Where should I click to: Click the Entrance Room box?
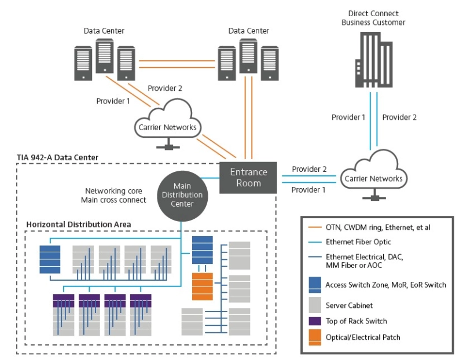coord(249,177)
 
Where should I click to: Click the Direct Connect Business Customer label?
coord(373,17)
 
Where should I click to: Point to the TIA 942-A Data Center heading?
coord(58,157)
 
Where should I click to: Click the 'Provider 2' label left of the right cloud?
coord(309,169)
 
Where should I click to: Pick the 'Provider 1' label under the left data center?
coord(113,101)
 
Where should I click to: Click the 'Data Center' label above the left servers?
coord(104,31)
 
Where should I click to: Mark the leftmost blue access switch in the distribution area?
coord(50,258)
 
